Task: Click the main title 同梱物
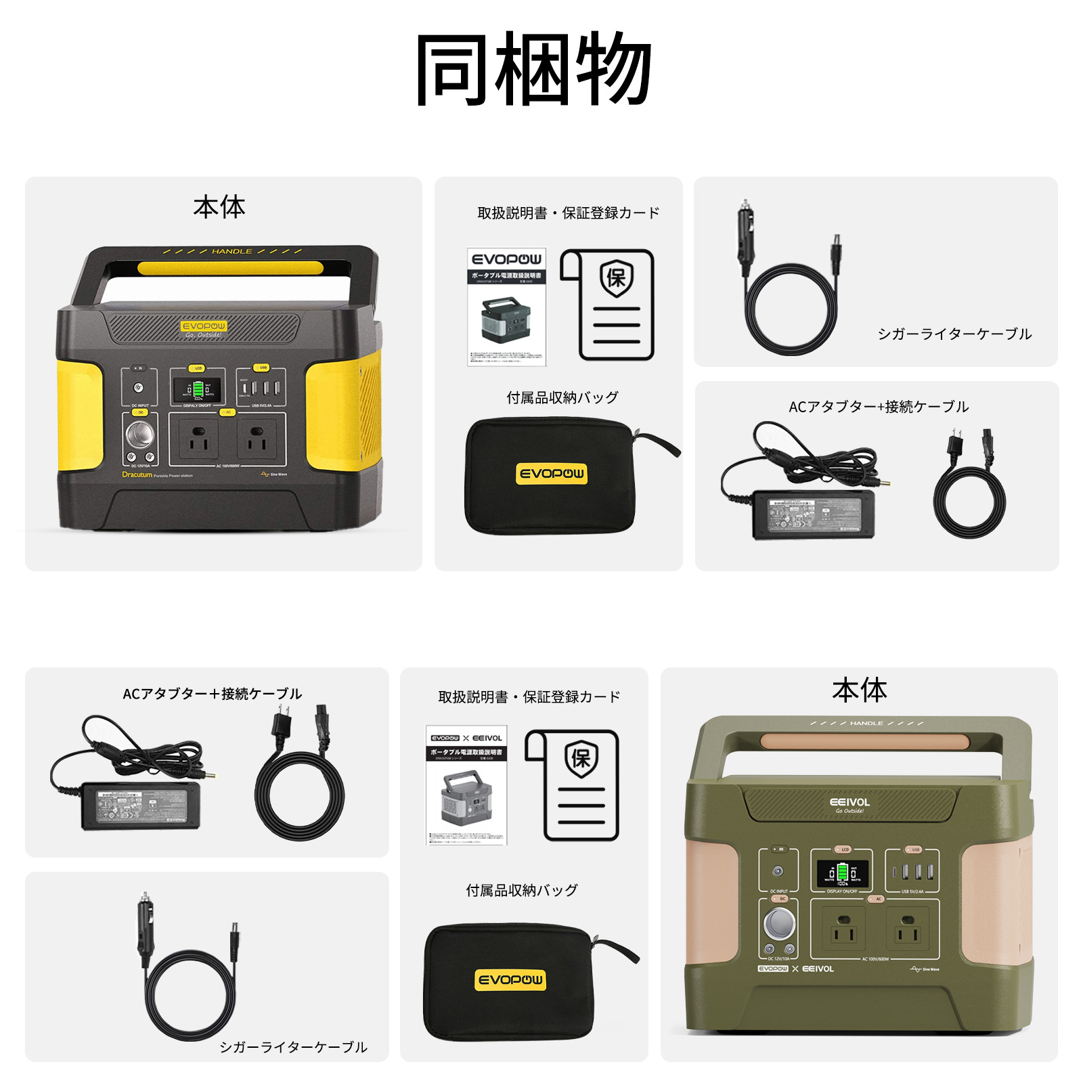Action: click(534, 69)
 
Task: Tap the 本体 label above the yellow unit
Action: click(219, 207)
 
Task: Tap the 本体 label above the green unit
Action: click(859, 690)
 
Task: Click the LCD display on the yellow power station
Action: click(197, 389)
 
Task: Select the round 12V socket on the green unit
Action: click(780, 924)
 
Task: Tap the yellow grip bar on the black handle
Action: click(230, 268)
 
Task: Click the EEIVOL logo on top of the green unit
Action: click(849, 802)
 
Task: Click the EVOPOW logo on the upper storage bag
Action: click(552, 473)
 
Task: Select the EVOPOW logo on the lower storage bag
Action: click(510, 979)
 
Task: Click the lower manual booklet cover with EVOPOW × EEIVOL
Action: click(466, 785)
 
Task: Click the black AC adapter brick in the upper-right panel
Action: click(814, 514)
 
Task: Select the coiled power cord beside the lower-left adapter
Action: click(299, 795)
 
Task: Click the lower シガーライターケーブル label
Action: click(293, 1047)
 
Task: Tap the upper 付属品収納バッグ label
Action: click(562, 398)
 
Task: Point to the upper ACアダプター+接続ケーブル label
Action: click(878, 407)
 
